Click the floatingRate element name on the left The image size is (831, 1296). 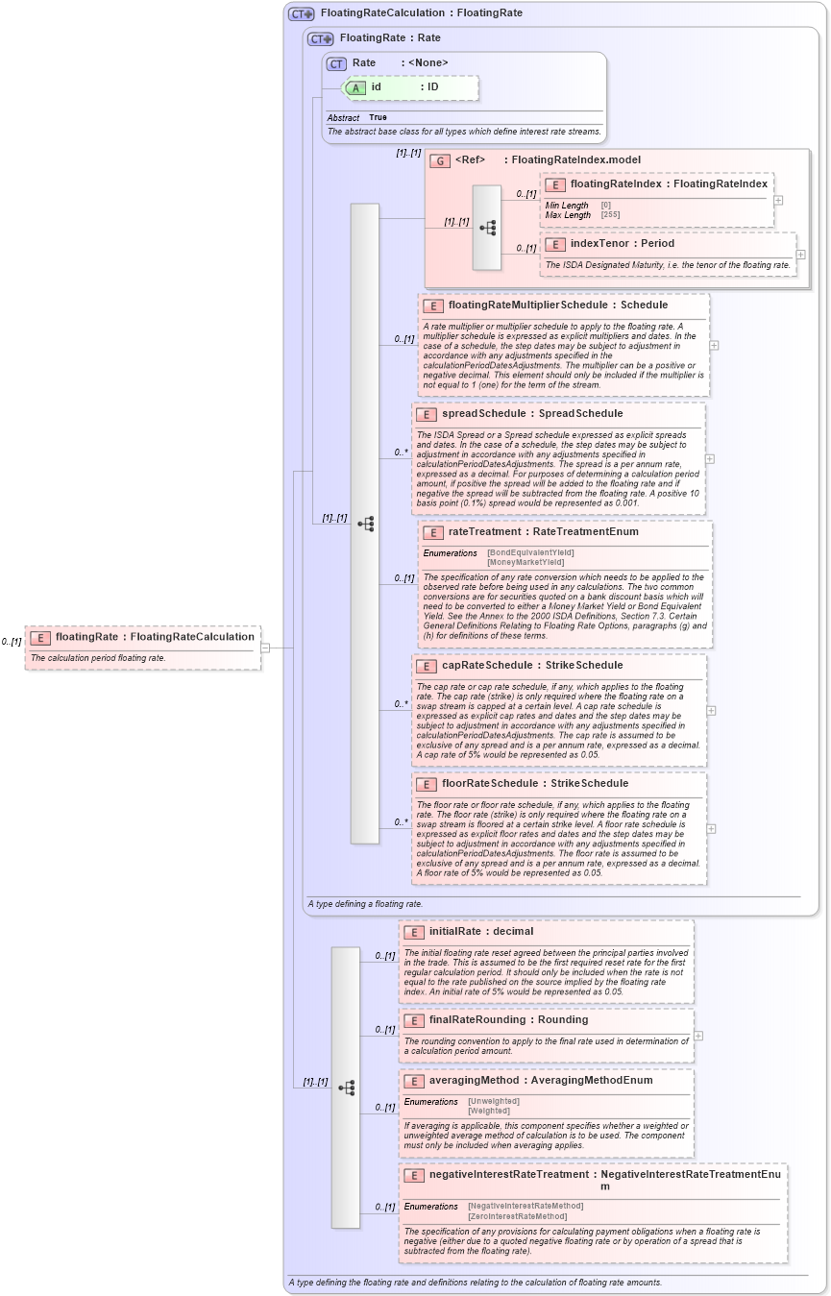pyautogui.click(x=86, y=636)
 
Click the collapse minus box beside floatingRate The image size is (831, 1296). pyautogui.click(x=265, y=648)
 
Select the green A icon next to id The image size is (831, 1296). pyautogui.click(x=355, y=87)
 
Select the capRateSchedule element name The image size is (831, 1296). pyautogui.click(x=486, y=665)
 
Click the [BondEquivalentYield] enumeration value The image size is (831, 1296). pyautogui.click(x=530, y=552)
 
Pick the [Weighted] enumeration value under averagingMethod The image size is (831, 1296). pyautogui.click(x=489, y=1111)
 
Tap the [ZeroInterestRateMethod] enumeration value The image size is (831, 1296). pyautogui.click(x=517, y=1216)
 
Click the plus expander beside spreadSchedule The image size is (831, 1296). pyautogui.click(x=709, y=458)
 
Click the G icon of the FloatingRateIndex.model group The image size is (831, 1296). pyautogui.click(x=440, y=160)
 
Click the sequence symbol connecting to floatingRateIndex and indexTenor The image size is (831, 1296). pyautogui.click(x=488, y=228)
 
